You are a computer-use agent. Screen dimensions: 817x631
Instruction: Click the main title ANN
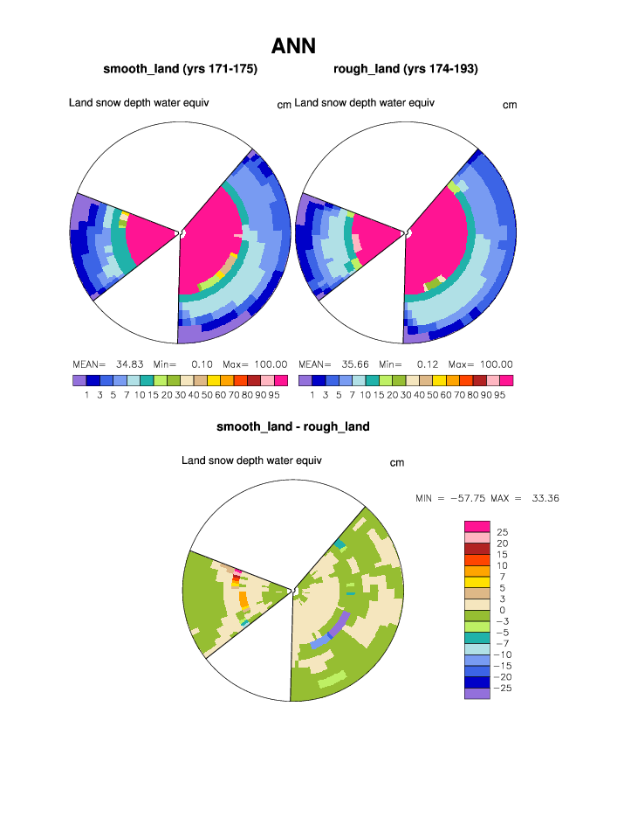click(293, 45)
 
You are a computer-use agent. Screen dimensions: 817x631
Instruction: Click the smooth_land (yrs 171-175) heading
click(180, 68)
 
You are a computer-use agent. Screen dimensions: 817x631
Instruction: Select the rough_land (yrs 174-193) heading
click(405, 68)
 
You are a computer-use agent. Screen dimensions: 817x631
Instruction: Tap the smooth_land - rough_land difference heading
click(293, 427)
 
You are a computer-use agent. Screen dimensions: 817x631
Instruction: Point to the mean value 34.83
click(129, 364)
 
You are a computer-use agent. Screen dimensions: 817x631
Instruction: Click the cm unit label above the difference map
click(396, 463)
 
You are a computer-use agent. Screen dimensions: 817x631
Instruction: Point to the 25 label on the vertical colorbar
click(503, 532)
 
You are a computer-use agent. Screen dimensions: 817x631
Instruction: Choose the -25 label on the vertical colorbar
click(504, 689)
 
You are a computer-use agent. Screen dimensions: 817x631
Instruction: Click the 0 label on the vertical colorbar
click(502, 610)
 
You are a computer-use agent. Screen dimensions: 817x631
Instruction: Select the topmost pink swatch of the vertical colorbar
click(477, 525)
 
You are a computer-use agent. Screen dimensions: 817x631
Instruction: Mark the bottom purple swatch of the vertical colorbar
click(477, 694)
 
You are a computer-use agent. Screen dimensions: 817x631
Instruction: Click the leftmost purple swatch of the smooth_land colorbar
click(79, 381)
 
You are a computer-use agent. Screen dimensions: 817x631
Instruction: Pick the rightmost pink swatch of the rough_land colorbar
click(505, 381)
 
